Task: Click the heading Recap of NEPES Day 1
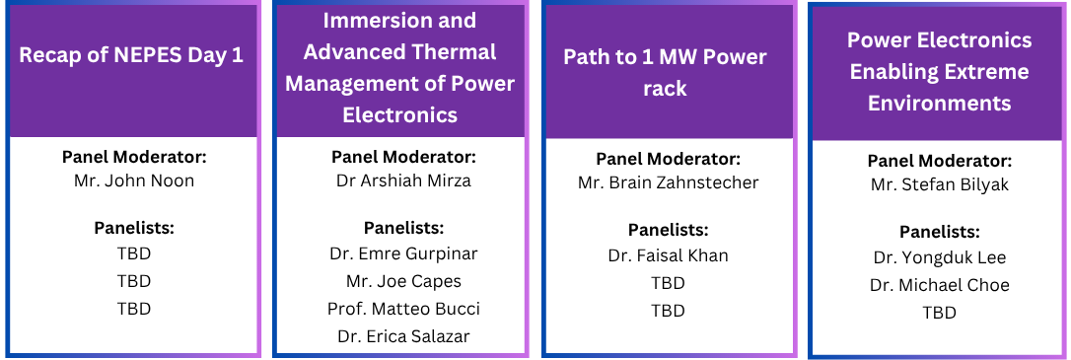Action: pyautogui.click(x=131, y=55)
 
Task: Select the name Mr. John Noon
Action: pyautogui.click(x=134, y=181)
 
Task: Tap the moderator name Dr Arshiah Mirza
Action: pyautogui.click(x=403, y=180)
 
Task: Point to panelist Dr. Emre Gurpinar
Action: pyautogui.click(x=403, y=253)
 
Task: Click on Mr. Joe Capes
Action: pyautogui.click(x=403, y=281)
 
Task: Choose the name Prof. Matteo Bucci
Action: pyautogui.click(x=403, y=309)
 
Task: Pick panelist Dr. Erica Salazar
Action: pyautogui.click(x=403, y=336)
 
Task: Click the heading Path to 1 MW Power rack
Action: pyautogui.click(x=665, y=72)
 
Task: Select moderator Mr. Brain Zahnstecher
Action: pyautogui.click(x=668, y=183)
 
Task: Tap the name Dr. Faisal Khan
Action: pyautogui.click(x=668, y=255)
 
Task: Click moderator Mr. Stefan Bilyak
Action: pyautogui.click(x=939, y=185)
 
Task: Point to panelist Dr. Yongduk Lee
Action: pyautogui.click(x=939, y=257)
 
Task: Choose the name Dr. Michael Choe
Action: pyautogui.click(x=939, y=285)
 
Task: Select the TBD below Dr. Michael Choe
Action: pyautogui.click(x=939, y=313)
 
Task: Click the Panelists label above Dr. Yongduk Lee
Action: pyautogui.click(x=939, y=231)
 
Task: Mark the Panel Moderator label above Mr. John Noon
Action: pyautogui.click(x=134, y=157)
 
